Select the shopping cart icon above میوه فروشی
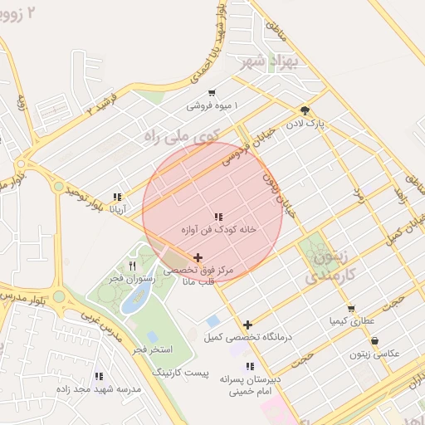(212, 93)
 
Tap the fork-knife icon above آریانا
(117, 198)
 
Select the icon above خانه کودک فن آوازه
(218, 217)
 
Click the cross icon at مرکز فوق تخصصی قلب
(198, 258)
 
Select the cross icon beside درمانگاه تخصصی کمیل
(247, 325)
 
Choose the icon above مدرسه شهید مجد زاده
(99, 376)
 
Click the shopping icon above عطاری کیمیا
(351, 308)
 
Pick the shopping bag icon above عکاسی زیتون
(375, 341)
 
